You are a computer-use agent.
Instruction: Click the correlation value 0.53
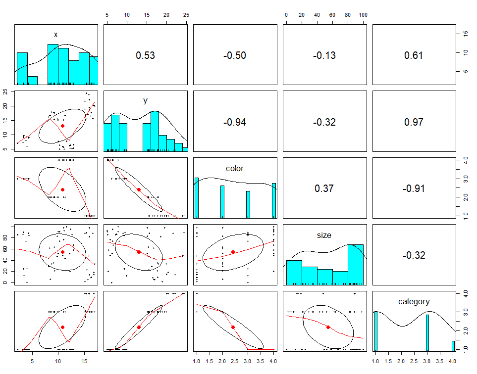pos(145,55)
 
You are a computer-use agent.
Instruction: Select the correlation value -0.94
pos(235,122)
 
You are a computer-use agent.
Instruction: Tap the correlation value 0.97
pos(414,122)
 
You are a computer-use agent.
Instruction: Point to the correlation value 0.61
pos(414,55)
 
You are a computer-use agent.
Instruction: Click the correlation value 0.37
pos(324,188)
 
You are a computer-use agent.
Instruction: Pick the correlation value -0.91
pos(414,188)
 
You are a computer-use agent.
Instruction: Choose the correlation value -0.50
pos(235,55)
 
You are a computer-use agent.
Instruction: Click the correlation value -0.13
pos(324,55)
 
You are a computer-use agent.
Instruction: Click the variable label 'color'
pos(235,169)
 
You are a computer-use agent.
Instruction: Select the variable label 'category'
pos(414,301)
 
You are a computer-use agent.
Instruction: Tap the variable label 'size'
pos(324,235)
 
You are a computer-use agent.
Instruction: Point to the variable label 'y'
pos(145,101)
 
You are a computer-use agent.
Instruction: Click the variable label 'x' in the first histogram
pos(55,35)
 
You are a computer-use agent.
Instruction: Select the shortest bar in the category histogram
pos(453,345)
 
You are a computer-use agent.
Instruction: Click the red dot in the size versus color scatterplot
pos(233,252)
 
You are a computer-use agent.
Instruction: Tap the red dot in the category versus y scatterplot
pos(139,327)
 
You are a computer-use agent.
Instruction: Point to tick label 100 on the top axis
pos(363,15)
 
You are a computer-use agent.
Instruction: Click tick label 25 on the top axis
pos(186,15)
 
